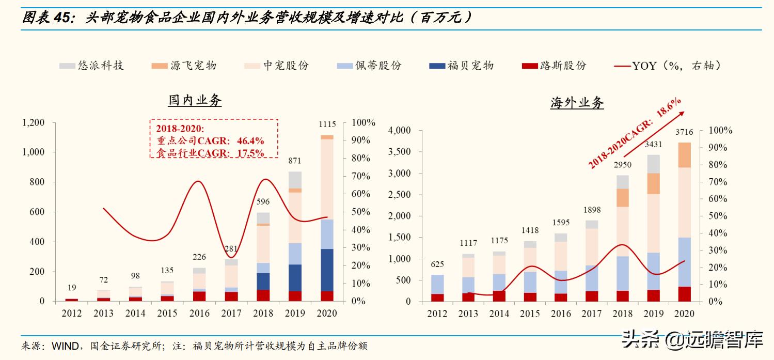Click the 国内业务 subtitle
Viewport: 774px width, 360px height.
(x=195, y=100)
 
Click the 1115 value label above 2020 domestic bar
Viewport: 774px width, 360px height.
(x=327, y=124)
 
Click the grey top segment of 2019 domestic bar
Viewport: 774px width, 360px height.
(x=295, y=180)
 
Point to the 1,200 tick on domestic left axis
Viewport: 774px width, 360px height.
(x=33, y=122)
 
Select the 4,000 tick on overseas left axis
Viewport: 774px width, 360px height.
(x=399, y=131)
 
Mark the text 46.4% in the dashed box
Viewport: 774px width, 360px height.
(x=250, y=140)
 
